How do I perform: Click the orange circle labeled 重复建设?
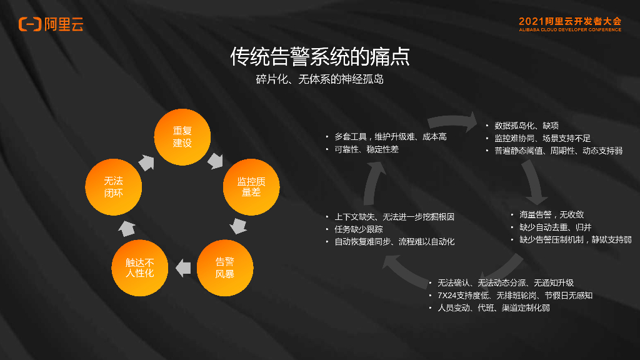[x=182, y=137]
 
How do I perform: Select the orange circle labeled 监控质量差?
[x=251, y=186]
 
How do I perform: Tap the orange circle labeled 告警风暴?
[x=225, y=267]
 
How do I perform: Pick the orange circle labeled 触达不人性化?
[x=139, y=267]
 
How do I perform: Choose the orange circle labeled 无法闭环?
[x=114, y=186]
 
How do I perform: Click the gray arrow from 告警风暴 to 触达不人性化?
[x=182, y=268]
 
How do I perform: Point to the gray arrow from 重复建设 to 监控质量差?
[x=216, y=160]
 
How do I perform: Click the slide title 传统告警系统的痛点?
[x=320, y=57]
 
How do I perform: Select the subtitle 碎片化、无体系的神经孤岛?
[x=320, y=79]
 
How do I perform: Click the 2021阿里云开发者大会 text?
[x=569, y=21]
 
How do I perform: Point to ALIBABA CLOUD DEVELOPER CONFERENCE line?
[x=569, y=29]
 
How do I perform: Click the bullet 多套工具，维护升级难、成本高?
[x=391, y=136]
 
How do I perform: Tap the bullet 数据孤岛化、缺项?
[x=526, y=126]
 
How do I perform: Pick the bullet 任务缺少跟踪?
[x=359, y=229]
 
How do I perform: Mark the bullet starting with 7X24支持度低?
[x=514, y=295]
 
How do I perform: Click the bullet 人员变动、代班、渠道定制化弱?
[x=493, y=307]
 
